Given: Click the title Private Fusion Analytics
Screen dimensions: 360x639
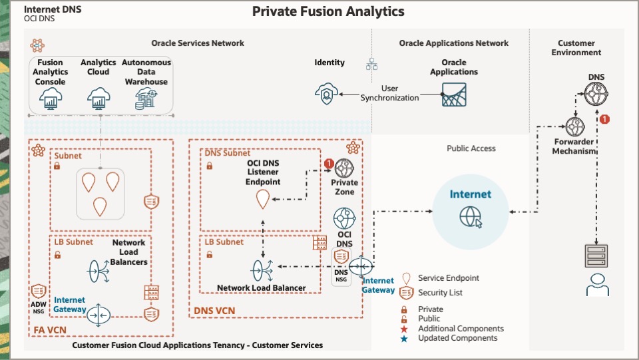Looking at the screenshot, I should click(328, 11).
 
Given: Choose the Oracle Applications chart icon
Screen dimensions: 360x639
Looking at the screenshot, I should click(454, 94).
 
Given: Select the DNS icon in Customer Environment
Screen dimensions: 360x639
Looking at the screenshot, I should click(596, 95).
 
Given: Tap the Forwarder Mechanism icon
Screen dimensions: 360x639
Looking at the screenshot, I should click(574, 126).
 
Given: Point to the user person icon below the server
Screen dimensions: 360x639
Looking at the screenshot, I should click(597, 284).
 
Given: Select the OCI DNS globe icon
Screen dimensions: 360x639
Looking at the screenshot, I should click(344, 219).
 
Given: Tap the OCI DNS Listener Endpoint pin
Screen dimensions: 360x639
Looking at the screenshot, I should click(263, 198).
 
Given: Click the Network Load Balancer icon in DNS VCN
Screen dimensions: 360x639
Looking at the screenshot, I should click(262, 270).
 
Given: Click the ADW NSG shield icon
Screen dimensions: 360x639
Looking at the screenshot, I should click(38, 291).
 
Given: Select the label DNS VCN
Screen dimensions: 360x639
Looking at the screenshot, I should click(214, 311).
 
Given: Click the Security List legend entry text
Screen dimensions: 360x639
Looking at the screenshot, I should click(440, 293).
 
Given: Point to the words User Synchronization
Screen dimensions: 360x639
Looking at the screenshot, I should click(390, 93).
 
